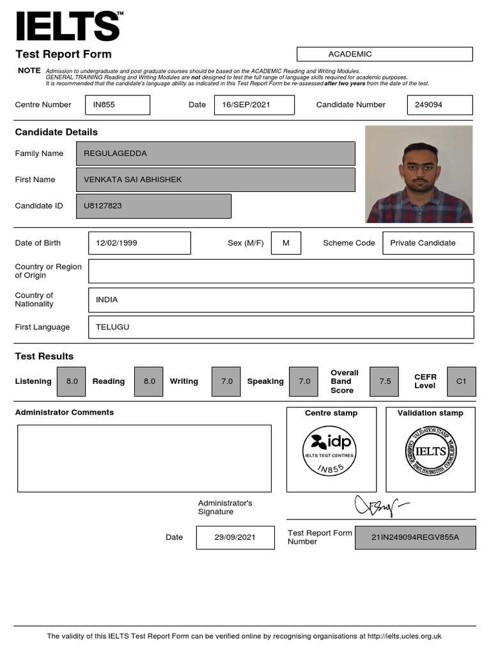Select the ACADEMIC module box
click(384, 54)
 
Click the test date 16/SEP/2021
click(254, 105)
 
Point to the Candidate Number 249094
click(439, 105)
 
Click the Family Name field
click(215, 154)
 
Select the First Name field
click(215, 180)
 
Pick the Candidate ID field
click(153, 206)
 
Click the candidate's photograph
click(419, 174)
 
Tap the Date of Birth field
click(139, 243)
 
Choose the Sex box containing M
click(286, 243)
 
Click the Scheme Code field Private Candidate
click(428, 243)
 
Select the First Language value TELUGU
click(281, 327)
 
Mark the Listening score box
click(72, 381)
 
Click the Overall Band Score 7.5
click(385, 381)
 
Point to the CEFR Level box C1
click(462, 381)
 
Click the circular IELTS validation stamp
click(430, 451)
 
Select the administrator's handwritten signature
click(381, 505)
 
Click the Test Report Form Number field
click(415, 537)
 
